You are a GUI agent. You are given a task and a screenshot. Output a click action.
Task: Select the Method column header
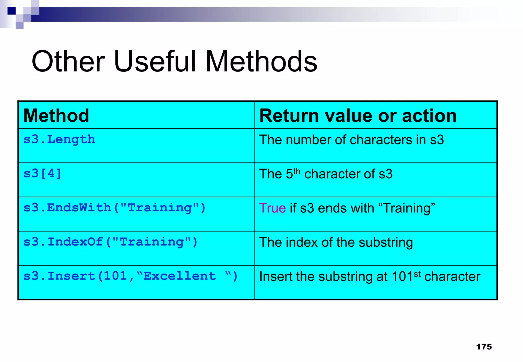click(x=56, y=116)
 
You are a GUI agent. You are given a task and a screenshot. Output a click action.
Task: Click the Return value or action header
click(x=358, y=116)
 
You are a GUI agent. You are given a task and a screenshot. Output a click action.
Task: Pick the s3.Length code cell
click(x=59, y=139)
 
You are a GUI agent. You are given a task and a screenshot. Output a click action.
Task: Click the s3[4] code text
click(x=42, y=174)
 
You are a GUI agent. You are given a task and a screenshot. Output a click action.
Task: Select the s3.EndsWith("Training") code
click(x=114, y=208)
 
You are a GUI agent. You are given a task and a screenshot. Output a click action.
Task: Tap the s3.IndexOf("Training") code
click(x=111, y=242)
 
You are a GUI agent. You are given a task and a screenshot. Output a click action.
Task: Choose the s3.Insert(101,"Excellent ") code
click(x=130, y=276)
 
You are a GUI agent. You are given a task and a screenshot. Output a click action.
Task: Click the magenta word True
click(x=272, y=208)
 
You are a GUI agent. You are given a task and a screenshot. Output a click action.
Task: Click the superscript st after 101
click(x=417, y=274)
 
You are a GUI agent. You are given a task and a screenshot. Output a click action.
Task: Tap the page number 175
click(x=484, y=347)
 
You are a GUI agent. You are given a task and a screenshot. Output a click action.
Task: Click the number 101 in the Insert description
click(x=402, y=276)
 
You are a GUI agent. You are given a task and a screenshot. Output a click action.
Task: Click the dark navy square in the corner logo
click(x=11, y=11)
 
